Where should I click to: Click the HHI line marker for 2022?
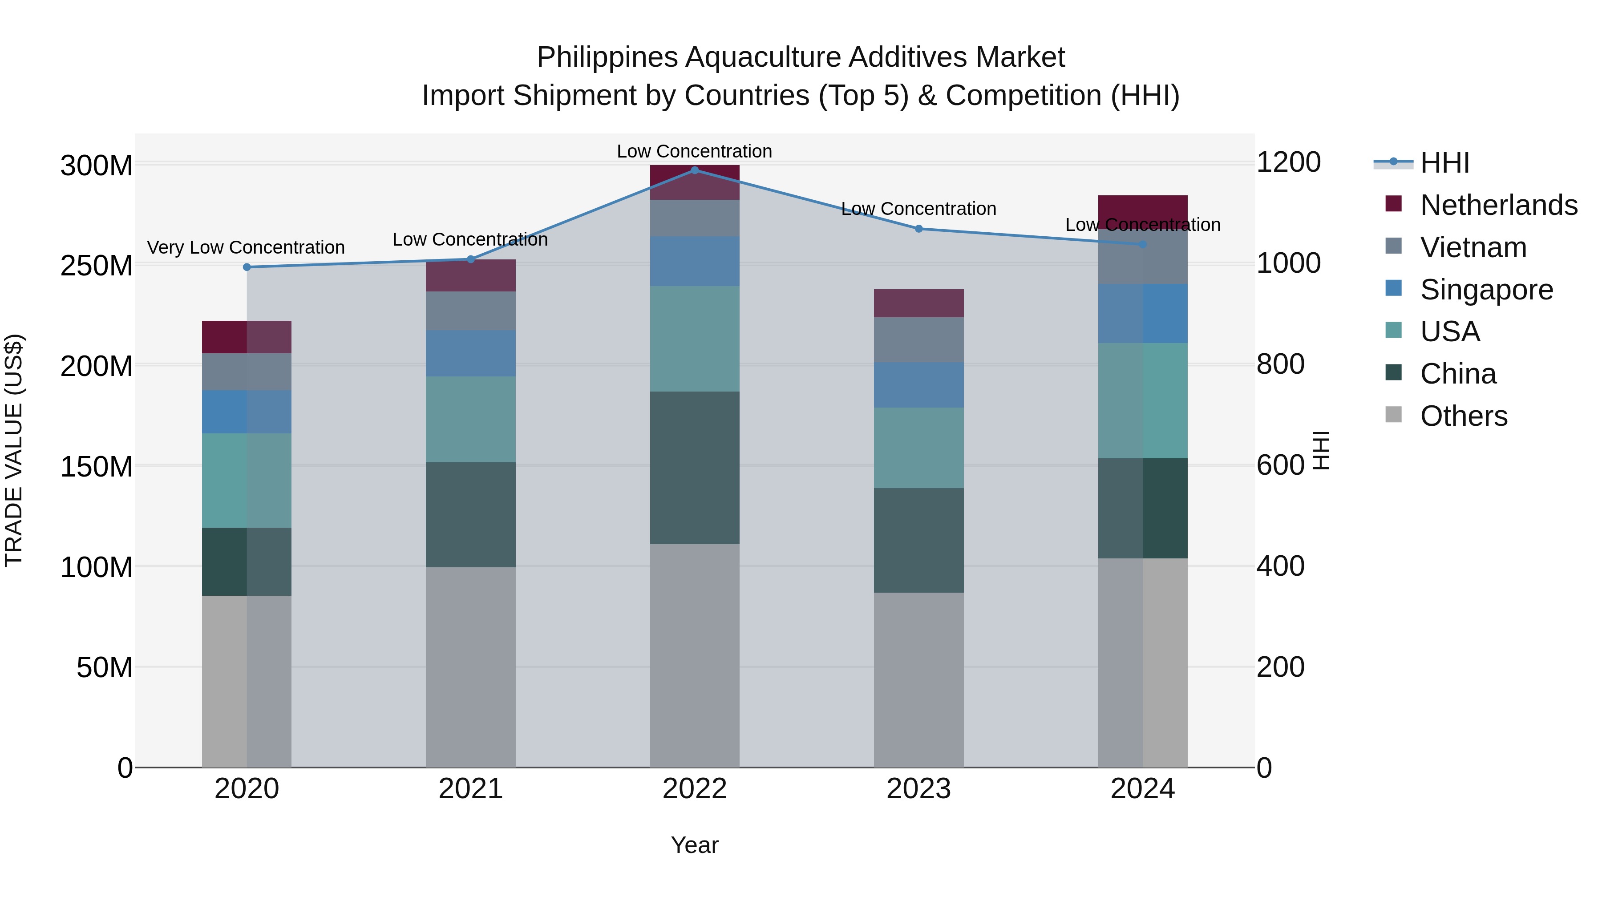[695, 170]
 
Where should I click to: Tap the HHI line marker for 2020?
[247, 267]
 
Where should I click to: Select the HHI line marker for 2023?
[918, 229]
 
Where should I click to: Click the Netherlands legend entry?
[1498, 205]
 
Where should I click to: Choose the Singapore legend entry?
[1486, 289]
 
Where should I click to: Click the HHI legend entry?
[1444, 163]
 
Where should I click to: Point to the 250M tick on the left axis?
[97, 266]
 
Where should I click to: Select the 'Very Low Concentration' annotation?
[246, 247]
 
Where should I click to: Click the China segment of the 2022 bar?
[695, 468]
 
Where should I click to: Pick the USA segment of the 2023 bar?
[918, 448]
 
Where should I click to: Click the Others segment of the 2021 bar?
[471, 667]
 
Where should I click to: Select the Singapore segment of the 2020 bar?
[247, 412]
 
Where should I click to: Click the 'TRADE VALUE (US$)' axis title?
[14, 450]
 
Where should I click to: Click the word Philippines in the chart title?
[607, 57]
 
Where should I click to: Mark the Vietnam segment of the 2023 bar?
[918, 340]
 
